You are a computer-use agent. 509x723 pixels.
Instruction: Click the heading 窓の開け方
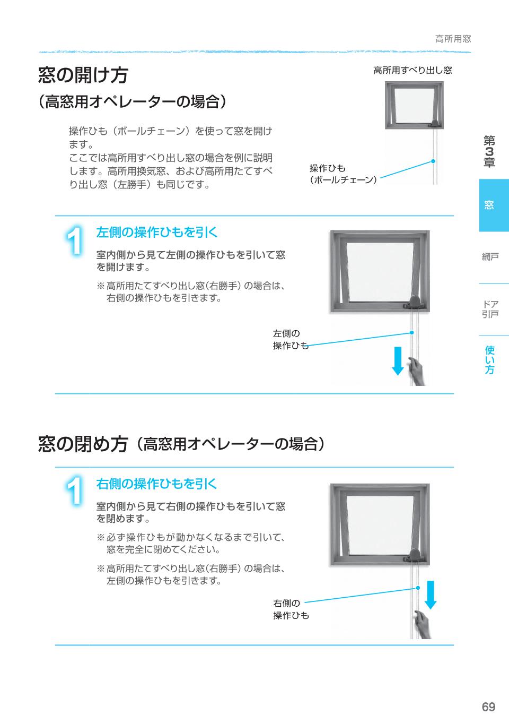(x=83, y=75)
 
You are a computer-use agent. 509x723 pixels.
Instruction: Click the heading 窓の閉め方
(x=83, y=443)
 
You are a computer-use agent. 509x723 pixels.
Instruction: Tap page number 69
(x=488, y=707)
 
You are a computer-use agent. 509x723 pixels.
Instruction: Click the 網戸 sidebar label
(x=490, y=257)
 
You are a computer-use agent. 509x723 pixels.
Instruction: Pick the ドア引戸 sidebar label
(x=490, y=309)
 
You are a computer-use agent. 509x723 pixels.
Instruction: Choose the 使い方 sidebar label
(x=489, y=359)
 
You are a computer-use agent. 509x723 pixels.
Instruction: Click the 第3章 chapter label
(x=489, y=151)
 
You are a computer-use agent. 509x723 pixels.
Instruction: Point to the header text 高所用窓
(x=452, y=39)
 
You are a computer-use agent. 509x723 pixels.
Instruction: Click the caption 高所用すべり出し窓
(x=412, y=70)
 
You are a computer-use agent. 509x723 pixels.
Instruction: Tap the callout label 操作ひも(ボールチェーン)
(x=343, y=174)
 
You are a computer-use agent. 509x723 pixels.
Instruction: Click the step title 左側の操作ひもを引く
(x=156, y=233)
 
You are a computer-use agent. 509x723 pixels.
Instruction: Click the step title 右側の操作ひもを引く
(x=156, y=484)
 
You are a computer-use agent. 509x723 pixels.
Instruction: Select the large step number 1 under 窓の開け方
(x=76, y=241)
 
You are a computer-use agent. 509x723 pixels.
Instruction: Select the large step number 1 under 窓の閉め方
(x=76, y=492)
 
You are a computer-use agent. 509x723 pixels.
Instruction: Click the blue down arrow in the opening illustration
(x=398, y=361)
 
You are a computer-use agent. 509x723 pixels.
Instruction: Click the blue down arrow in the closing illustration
(x=431, y=595)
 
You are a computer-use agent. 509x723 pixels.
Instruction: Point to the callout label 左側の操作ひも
(x=290, y=340)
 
